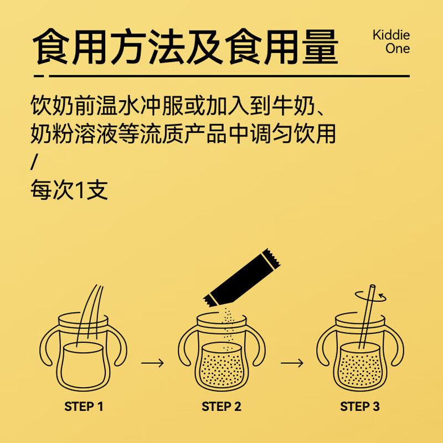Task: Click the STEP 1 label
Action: [84, 406]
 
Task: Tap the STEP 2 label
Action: [221, 406]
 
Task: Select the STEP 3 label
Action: [359, 406]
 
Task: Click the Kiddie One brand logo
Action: [391, 42]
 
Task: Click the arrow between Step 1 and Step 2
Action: [152, 363]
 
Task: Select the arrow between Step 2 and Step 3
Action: [291, 363]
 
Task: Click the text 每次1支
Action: [69, 190]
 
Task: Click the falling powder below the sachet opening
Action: [226, 324]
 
